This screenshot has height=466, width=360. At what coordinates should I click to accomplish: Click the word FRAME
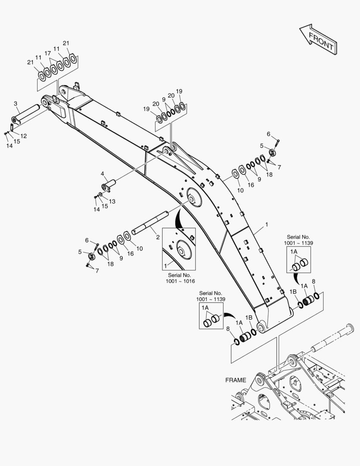coord(236,380)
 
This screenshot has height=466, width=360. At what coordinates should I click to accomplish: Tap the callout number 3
coord(16,104)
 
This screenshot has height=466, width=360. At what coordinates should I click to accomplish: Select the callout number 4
coord(103,174)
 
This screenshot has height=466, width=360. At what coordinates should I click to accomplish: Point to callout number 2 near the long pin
coord(158,237)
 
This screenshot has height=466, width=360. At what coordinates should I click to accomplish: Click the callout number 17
coord(48,54)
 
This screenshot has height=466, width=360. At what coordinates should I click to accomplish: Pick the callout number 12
coord(24,136)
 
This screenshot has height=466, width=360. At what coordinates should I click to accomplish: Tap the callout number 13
coord(112,201)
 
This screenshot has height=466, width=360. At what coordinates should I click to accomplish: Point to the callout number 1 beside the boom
coord(266,224)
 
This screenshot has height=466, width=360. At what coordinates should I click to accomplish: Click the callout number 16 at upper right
coord(251,185)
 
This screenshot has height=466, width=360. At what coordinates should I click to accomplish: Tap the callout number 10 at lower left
coord(139,249)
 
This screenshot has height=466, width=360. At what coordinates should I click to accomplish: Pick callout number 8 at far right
coord(313,282)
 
